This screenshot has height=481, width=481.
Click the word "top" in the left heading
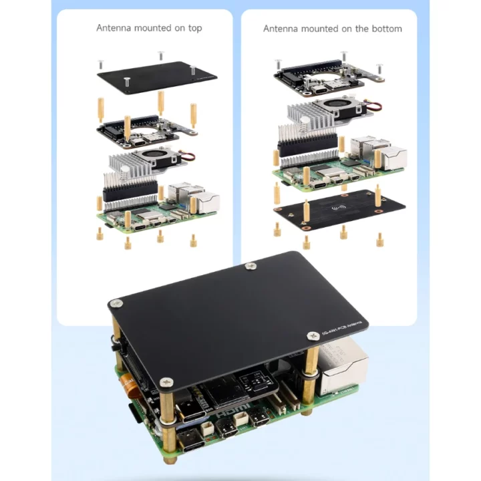click(194, 28)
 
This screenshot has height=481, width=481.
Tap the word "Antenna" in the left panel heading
click(114, 28)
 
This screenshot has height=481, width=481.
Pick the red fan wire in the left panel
click(189, 158)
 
